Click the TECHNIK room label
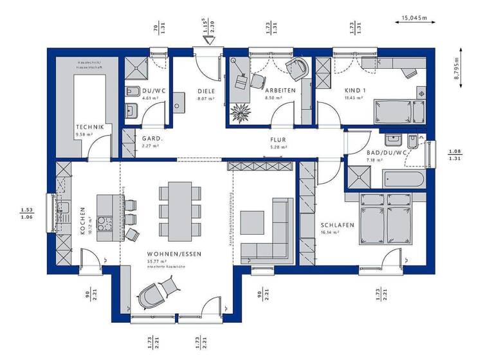coord(89,127)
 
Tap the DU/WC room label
coord(154,91)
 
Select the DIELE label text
coord(206,91)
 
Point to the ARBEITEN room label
coord(280,91)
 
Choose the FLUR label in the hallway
coord(278,139)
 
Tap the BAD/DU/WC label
coord(369,152)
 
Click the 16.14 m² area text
coord(330,233)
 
